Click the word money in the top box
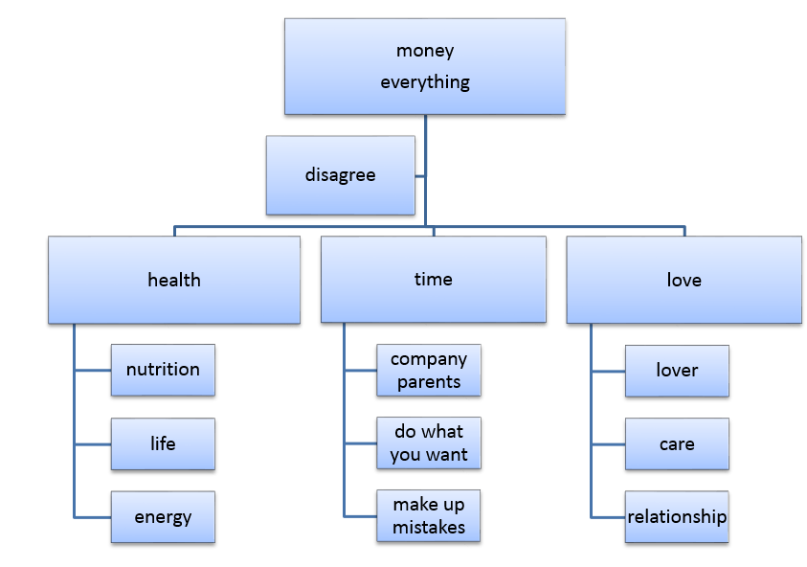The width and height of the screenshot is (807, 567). (x=425, y=51)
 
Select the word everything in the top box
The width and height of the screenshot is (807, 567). (x=425, y=82)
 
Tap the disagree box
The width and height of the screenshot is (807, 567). (x=341, y=174)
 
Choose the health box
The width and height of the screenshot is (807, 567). (x=174, y=280)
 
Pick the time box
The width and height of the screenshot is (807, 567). (x=433, y=280)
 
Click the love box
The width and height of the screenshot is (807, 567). (x=684, y=280)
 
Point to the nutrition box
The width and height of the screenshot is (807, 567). (x=163, y=370)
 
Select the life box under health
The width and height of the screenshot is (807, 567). (x=163, y=443)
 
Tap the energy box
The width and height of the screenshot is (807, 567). (x=163, y=517)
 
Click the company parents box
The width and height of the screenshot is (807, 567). (x=429, y=371)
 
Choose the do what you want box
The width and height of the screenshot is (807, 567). (x=429, y=443)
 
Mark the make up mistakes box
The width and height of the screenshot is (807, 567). (x=429, y=516)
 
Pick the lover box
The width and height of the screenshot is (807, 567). (x=677, y=371)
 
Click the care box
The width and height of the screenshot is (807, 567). (x=677, y=443)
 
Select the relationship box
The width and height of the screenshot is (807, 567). (x=677, y=517)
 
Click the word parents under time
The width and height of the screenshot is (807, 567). (x=429, y=382)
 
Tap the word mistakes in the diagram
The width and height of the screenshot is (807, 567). (x=429, y=528)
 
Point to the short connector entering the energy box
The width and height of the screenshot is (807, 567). (x=93, y=517)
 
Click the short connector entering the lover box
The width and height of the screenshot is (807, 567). (x=608, y=371)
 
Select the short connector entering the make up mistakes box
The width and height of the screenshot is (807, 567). (x=360, y=516)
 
